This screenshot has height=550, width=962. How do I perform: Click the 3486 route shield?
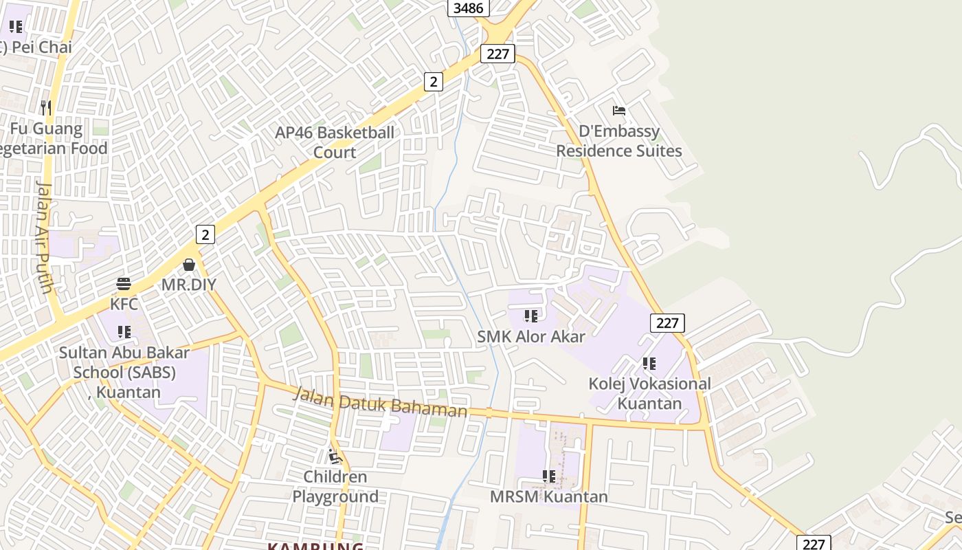(469, 8)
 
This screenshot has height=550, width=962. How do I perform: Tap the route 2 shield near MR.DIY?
(205, 234)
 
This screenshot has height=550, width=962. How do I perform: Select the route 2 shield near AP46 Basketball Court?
(433, 82)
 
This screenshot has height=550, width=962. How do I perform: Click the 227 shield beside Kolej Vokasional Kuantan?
(667, 322)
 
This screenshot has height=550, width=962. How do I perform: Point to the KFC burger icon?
(124, 284)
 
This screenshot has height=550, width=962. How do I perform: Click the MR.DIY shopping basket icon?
(189, 265)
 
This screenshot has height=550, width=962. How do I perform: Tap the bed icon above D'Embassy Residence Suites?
(619, 111)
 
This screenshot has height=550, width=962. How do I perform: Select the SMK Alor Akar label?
(531, 336)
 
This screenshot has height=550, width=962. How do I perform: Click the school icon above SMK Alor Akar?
(531, 316)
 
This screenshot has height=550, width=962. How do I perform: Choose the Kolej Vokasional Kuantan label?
(649, 393)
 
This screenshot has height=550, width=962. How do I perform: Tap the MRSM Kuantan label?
(548, 496)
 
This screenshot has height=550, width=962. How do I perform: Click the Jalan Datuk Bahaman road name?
(381, 403)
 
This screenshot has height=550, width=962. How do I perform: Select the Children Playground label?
(335, 486)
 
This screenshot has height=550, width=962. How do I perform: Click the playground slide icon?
(335, 456)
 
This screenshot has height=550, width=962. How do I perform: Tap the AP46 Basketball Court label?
(335, 142)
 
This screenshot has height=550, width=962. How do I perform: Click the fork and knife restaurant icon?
(45, 107)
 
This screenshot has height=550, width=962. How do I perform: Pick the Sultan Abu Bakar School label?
(124, 372)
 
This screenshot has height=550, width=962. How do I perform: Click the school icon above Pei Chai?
(15, 27)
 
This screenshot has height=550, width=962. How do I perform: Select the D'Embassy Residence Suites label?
(618, 141)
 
